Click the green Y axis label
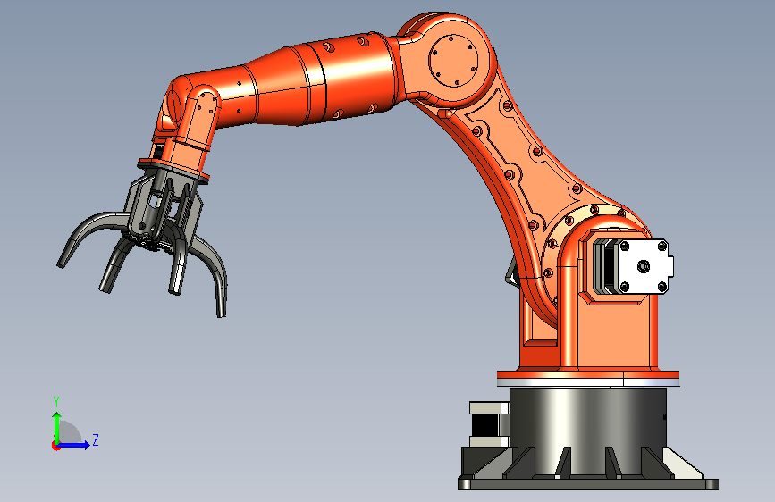tap(56, 401)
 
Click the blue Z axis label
tap(96, 439)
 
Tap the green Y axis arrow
tap(57, 428)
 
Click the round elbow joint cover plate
tap(453, 60)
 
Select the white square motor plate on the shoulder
tap(643, 266)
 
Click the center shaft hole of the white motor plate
tap(643, 266)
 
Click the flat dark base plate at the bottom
tap(588, 484)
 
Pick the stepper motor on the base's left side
tap(489, 424)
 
